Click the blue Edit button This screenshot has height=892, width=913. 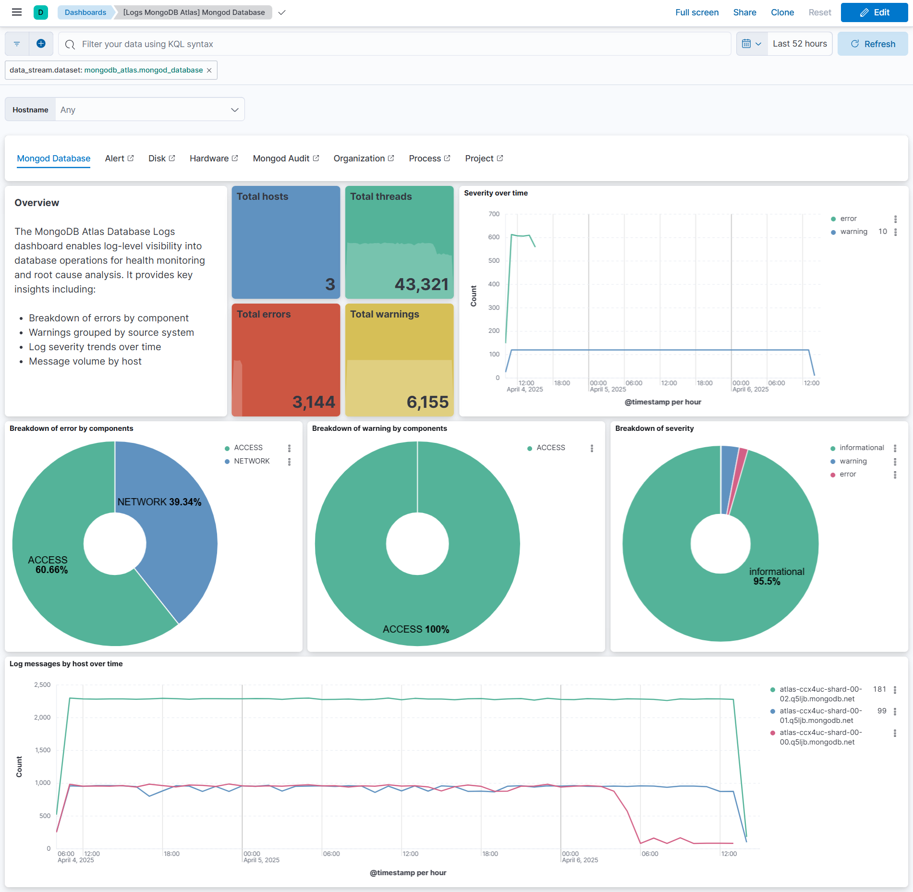pos(874,12)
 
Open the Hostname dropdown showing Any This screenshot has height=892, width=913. pos(149,110)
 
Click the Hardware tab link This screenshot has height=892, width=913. pos(213,159)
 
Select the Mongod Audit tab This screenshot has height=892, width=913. pos(285,159)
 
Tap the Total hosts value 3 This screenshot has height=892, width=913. pos(330,284)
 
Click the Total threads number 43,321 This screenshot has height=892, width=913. pos(421,284)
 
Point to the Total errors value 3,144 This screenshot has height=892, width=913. pos(314,402)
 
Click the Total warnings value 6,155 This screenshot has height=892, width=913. pos(427,402)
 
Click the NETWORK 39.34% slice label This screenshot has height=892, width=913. pos(159,502)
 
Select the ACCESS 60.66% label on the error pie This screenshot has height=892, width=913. pos(48,565)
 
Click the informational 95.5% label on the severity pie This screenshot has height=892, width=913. pos(776,576)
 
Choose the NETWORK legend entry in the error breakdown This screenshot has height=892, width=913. pos(252,461)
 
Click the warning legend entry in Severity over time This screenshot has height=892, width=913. pos(853,232)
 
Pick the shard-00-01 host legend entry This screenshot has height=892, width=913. pos(820,715)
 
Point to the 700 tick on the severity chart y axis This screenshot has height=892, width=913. pos(494,214)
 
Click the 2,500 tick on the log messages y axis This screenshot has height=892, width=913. pos(42,685)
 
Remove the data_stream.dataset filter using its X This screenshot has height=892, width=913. pos(209,70)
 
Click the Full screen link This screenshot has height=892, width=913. pos(696,12)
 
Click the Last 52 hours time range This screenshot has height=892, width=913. pos(799,44)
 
